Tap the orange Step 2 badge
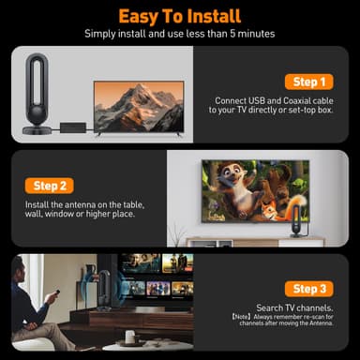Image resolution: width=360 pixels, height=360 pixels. click(48, 186)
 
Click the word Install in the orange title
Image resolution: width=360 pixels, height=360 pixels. click(209, 16)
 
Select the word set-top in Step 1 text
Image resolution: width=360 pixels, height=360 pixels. click(296, 112)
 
